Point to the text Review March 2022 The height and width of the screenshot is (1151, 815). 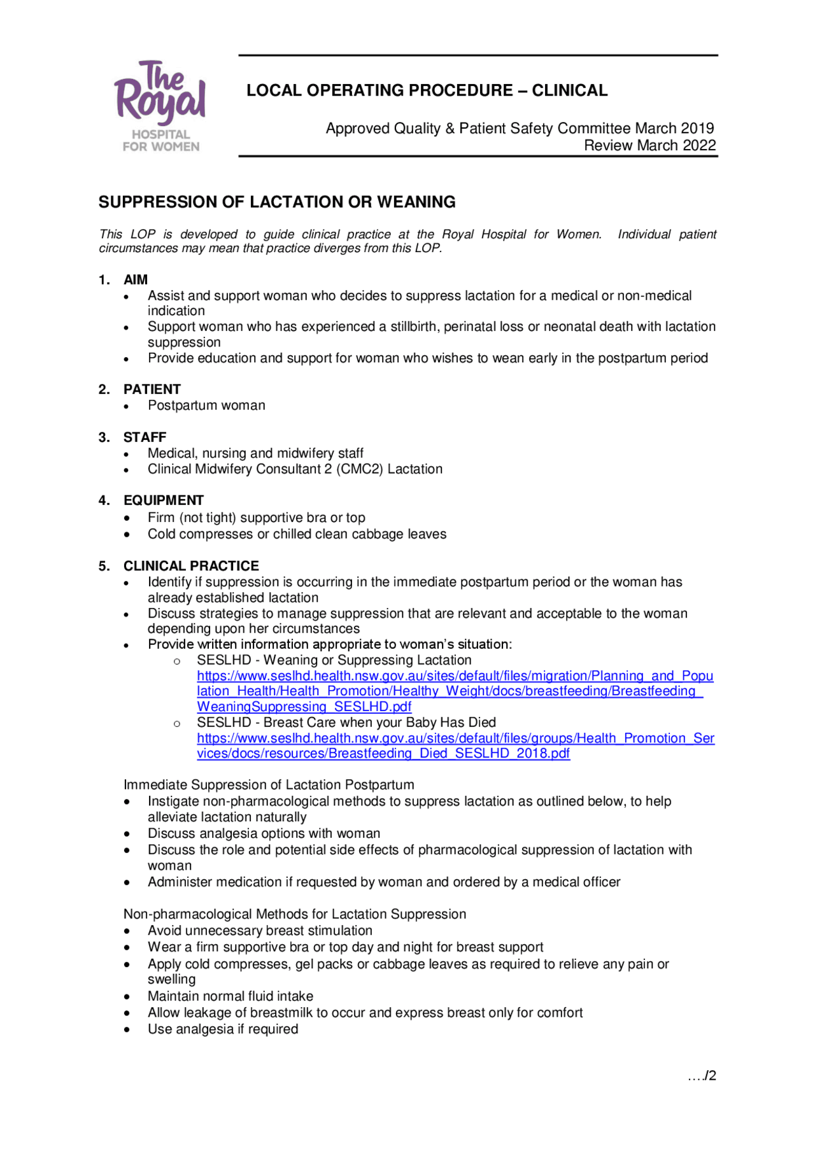[x=649, y=146]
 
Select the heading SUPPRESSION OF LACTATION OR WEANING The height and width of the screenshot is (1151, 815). [x=277, y=202]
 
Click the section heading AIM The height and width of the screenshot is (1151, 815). [x=136, y=280]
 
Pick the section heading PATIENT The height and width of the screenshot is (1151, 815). [x=152, y=390]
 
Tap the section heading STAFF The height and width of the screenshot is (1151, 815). [x=145, y=437]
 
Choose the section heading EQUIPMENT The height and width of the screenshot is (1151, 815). [x=164, y=500]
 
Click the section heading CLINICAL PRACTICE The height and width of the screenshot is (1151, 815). [x=191, y=566]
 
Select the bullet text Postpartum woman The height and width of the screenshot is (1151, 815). [x=206, y=406]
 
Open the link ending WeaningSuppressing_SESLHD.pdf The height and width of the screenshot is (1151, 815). [x=304, y=707]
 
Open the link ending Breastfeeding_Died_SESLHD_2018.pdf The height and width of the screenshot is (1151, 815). [x=383, y=754]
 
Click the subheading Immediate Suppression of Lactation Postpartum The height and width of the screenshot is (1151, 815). [x=269, y=785]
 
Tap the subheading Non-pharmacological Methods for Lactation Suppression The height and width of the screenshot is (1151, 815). [x=295, y=914]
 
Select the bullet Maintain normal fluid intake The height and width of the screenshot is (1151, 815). [x=230, y=996]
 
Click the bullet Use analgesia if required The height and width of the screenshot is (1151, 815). [x=223, y=1029]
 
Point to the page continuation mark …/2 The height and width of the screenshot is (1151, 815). [x=702, y=1076]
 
